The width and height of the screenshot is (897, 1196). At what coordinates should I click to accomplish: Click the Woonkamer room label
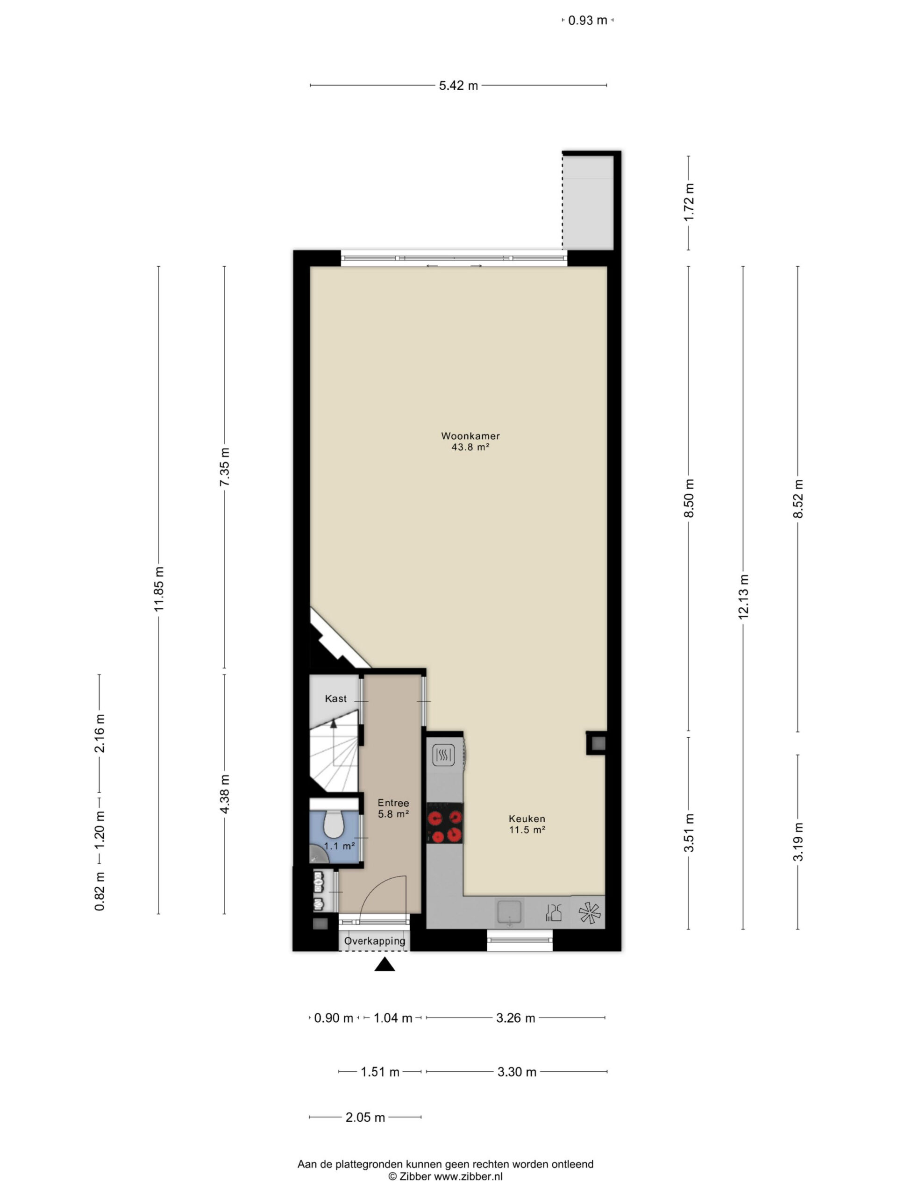[x=470, y=435]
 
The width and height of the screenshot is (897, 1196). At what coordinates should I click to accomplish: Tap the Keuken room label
[x=527, y=819]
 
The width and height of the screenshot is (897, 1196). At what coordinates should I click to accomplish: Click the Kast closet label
[x=336, y=698]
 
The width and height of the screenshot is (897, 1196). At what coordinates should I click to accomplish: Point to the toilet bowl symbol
[x=334, y=825]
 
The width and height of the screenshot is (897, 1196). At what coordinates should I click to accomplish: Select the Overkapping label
[x=375, y=941]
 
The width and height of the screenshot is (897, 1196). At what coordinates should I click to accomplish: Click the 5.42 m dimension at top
[x=458, y=85]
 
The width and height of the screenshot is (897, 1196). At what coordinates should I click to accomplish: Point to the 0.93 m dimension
[x=588, y=21]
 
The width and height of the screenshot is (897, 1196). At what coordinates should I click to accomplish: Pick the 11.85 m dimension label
[x=159, y=589]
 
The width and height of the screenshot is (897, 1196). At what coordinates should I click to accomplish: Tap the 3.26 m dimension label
[x=516, y=1018]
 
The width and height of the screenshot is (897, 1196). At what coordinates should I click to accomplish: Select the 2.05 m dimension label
[x=365, y=1117]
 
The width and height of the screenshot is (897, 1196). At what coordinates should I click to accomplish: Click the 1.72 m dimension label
[x=689, y=203]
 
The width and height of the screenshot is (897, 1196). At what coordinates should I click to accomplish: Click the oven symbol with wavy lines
[x=444, y=754]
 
